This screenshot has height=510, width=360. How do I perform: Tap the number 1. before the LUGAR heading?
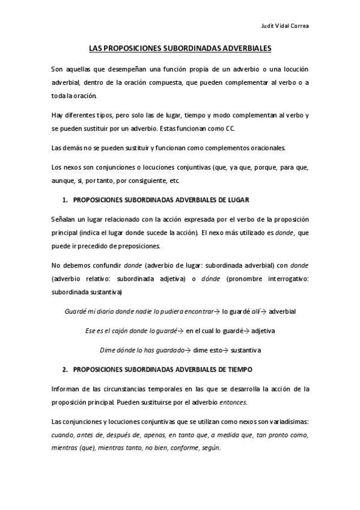pos(65,198)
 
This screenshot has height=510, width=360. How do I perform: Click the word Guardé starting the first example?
pos(75,312)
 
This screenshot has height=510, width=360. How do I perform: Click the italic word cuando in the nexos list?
pos(63,434)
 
